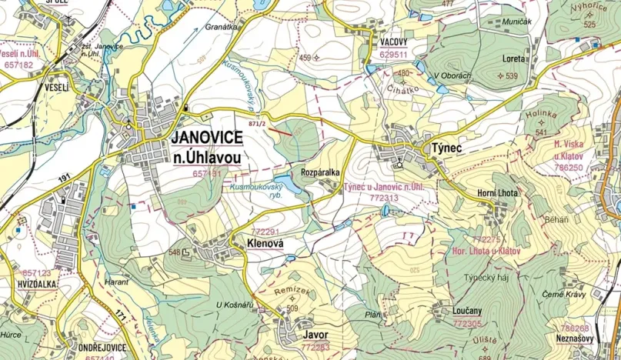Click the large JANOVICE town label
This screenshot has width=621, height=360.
pos(207,138)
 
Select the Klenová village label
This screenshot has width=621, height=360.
pos(266,243)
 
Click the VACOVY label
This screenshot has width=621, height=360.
pos(396,43)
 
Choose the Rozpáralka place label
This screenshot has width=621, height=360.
pos(320,172)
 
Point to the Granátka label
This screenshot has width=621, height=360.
pos(222,26)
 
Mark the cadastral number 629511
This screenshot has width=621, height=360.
pos(395,55)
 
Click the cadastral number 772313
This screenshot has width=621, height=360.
pos(384,198)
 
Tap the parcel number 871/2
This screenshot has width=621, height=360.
pos(257,124)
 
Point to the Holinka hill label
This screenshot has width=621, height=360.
pos(541,114)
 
